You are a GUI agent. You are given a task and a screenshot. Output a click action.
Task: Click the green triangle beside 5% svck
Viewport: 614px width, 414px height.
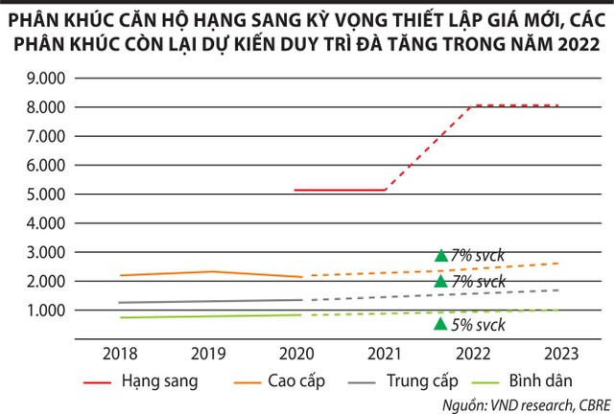tap(440, 324)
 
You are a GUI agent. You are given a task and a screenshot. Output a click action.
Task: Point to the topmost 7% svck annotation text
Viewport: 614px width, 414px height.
tap(478, 256)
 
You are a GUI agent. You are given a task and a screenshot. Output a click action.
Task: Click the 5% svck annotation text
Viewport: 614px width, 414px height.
tap(478, 325)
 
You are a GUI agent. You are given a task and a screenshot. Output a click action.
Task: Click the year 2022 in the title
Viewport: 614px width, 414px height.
tap(567, 44)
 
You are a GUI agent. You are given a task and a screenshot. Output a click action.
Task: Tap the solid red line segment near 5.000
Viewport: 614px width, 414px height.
tap(341, 190)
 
